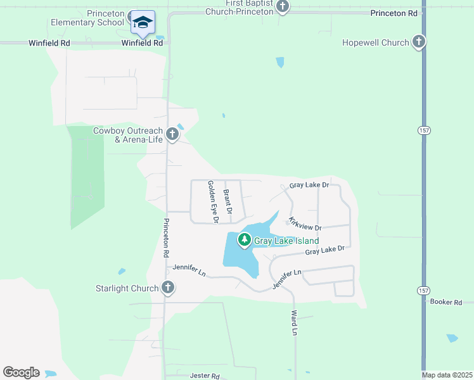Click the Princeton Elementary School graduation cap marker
[x=143, y=22]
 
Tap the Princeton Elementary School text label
[x=88, y=18]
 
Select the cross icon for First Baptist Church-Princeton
[x=283, y=7]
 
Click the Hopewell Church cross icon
[x=418, y=42]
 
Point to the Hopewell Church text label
[x=376, y=43]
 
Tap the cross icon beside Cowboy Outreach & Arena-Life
[x=172, y=134]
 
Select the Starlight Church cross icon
[x=168, y=288]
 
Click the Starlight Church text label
[x=127, y=289]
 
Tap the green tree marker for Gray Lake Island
[x=244, y=240]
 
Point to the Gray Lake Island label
[x=286, y=241]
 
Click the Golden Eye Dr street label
[x=213, y=201]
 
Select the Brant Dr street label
[x=228, y=201]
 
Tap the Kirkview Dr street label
[x=305, y=224]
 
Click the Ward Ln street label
[x=294, y=322]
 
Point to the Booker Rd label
[x=446, y=302]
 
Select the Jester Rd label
[x=205, y=376]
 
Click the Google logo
[x=21, y=372]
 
